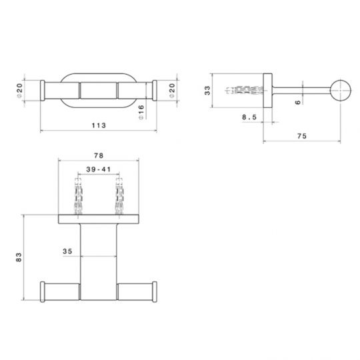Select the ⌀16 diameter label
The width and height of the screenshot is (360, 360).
pos(142,111)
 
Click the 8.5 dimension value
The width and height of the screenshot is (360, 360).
pos(249,119)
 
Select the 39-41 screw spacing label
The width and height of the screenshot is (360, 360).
pos(100,170)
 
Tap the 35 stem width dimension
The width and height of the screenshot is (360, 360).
pos(67,251)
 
